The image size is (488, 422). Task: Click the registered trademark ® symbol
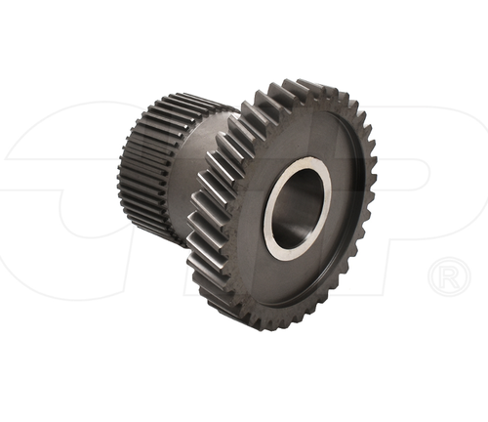448,277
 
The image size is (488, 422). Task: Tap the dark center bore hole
295,211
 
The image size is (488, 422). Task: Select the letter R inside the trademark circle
448,277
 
